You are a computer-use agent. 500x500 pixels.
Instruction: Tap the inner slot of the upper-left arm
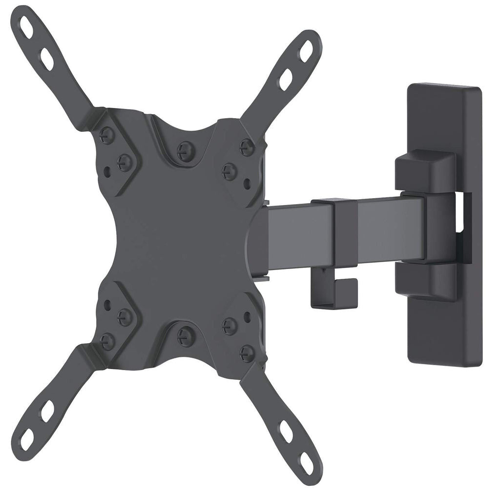47,59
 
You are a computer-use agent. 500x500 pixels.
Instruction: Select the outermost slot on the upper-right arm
306,50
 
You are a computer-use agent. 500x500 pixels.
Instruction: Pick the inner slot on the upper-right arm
286,79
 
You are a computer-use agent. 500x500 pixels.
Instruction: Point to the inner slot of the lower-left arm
47,411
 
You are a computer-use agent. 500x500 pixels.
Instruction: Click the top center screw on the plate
186,151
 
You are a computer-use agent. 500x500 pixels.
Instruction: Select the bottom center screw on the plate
186,336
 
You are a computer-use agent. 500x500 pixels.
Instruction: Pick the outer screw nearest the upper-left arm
106,135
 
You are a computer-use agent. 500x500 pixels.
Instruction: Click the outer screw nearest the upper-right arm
247,146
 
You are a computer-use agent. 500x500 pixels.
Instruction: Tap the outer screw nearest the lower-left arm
107,341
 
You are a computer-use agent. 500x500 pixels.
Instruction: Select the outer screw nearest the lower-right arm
247,353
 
